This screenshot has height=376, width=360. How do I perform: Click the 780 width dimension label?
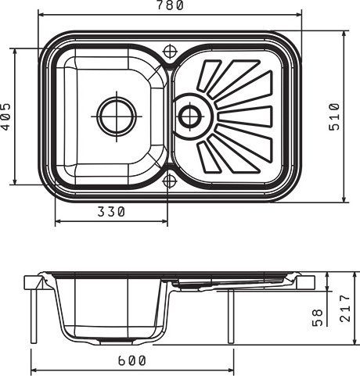[x=171, y=5]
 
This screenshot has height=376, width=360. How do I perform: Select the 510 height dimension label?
[x=334, y=116]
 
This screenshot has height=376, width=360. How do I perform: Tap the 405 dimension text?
[x=5, y=116]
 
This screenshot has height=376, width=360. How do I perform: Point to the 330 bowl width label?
[x=111, y=212]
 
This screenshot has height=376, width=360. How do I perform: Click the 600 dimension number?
[x=132, y=360]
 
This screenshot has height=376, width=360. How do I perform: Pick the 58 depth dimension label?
[x=318, y=317]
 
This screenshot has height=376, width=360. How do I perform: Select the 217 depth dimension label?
[x=345, y=308]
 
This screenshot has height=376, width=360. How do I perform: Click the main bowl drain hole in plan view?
[x=117, y=116]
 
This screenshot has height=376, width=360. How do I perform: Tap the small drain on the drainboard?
[x=190, y=116]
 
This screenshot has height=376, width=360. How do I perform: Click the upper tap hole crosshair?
[x=170, y=51]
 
